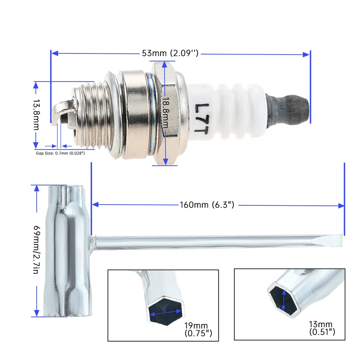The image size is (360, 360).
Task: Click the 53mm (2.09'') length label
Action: (x=170, y=53)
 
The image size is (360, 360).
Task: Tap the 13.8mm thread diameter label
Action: (x=36, y=114)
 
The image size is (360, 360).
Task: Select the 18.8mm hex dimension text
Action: (x=166, y=112)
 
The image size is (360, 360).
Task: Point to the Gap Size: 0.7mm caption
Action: (x=60, y=153)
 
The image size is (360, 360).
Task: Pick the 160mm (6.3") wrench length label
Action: (x=207, y=205)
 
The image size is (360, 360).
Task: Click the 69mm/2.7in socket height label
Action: (x=37, y=249)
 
